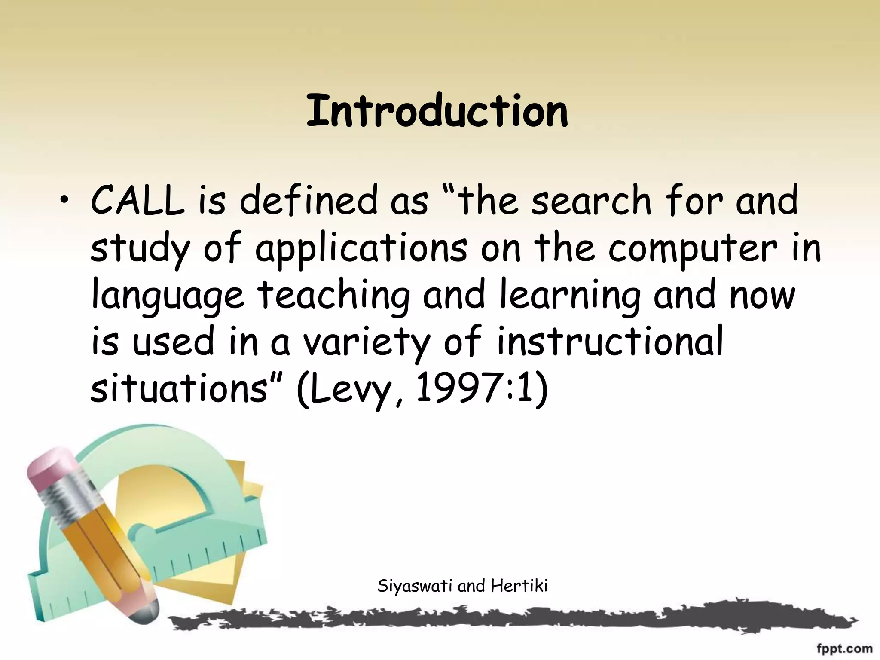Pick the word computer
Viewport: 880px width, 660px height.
[693, 249]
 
